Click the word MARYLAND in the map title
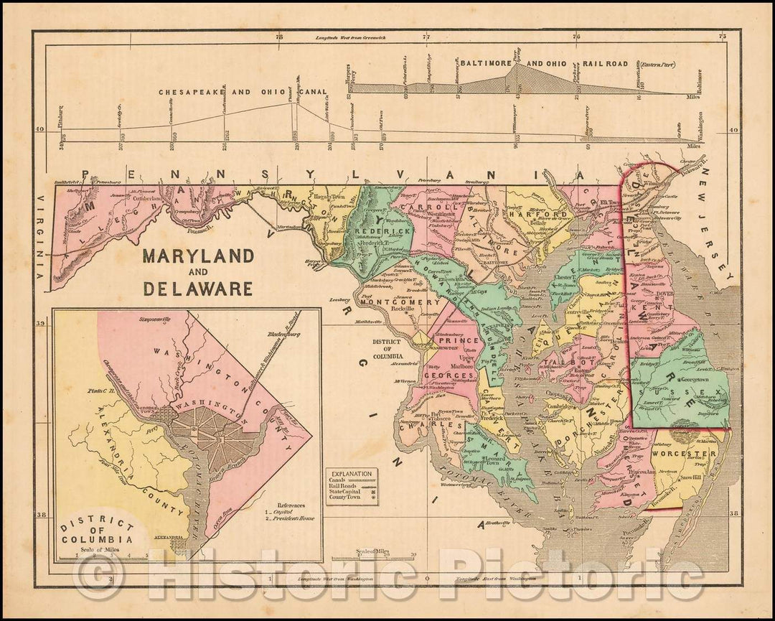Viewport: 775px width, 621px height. (197, 256)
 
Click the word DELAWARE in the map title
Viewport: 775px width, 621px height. (197, 288)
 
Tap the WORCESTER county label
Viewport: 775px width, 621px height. (693, 454)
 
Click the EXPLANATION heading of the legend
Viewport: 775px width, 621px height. (351, 474)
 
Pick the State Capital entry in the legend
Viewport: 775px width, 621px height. (347, 495)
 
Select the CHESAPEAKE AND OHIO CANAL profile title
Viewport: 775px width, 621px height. (243, 92)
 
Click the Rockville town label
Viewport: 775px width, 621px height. (389, 311)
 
